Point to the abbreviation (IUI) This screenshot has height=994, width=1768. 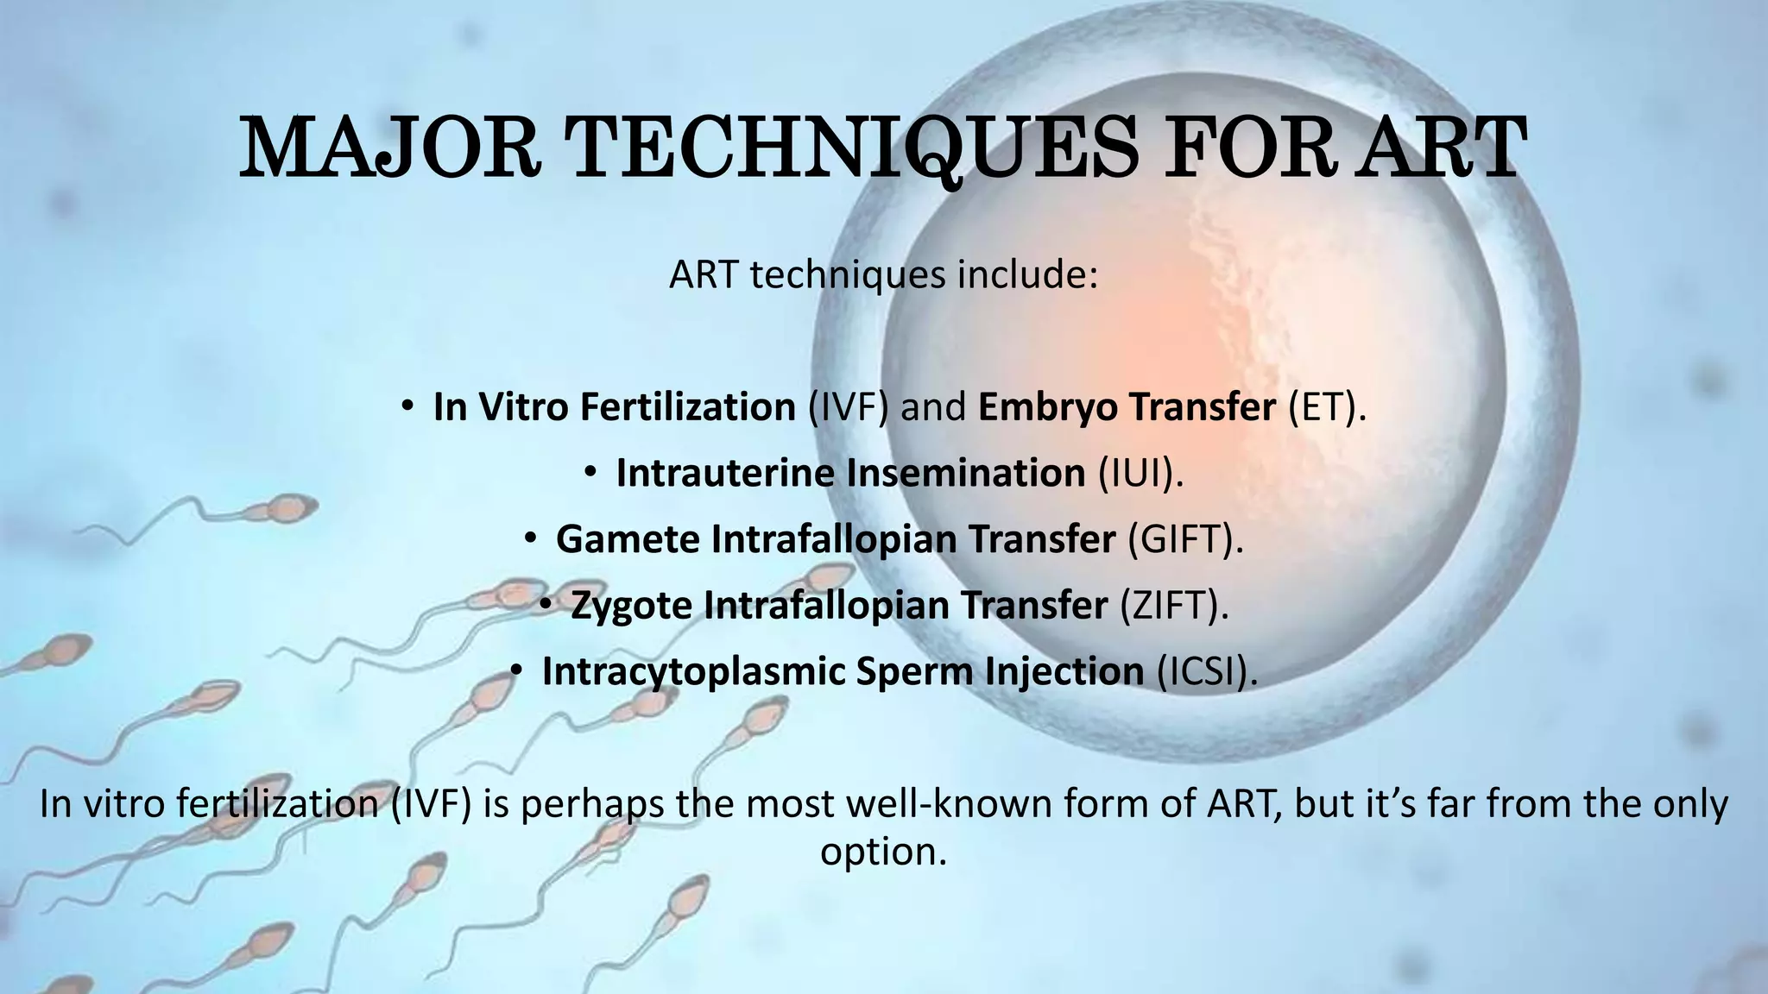1140,473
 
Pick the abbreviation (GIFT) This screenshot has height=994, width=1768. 1185,539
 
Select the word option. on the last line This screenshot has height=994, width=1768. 883,852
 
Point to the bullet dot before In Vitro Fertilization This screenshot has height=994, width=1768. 407,406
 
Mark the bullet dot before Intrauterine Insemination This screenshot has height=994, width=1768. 590,472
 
